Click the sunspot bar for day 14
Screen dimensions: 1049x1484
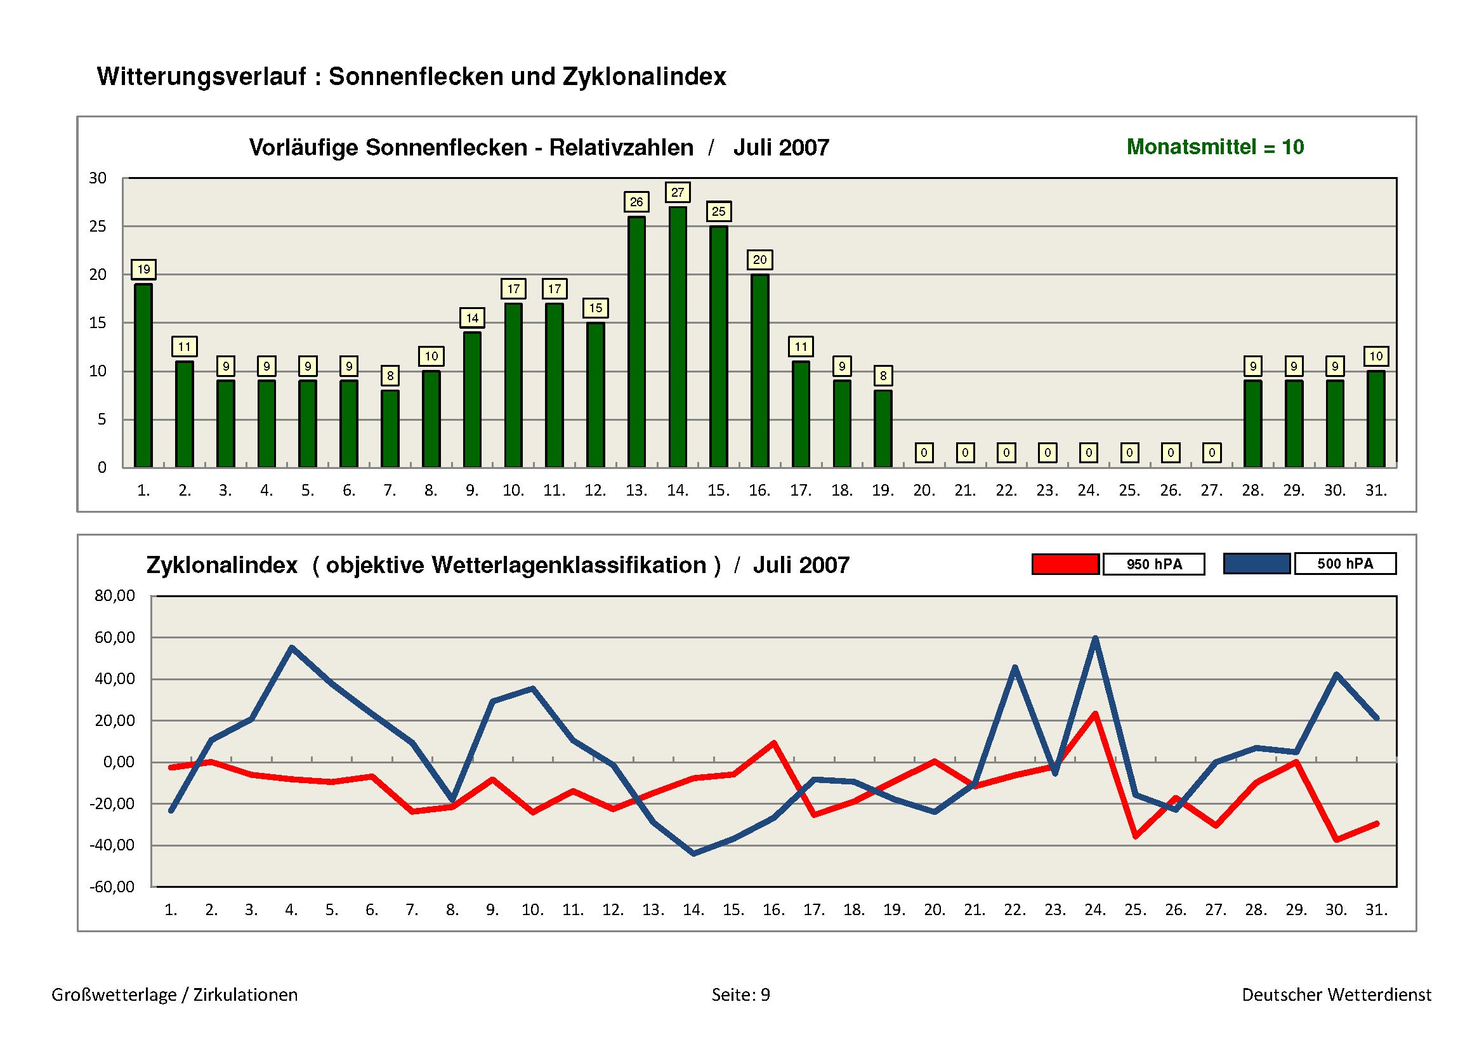point(678,336)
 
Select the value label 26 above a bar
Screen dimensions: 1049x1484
point(636,202)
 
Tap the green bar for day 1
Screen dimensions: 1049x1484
point(143,375)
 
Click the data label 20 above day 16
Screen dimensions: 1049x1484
point(759,260)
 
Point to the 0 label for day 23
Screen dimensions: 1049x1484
point(1047,452)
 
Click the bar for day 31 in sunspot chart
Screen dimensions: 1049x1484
point(1376,419)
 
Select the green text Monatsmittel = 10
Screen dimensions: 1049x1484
point(1214,147)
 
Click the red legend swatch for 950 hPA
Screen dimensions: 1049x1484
point(1065,564)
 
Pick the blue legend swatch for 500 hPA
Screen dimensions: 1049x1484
point(1256,564)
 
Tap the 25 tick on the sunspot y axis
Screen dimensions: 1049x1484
point(98,226)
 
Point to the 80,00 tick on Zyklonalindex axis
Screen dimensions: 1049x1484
point(114,595)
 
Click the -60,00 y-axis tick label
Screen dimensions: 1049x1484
point(112,886)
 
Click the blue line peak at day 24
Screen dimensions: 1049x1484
point(1095,638)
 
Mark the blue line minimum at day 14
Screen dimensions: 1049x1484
point(693,853)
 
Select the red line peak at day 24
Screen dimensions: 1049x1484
point(1095,714)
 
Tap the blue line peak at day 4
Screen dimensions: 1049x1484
point(291,647)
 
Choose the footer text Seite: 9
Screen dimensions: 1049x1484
point(740,994)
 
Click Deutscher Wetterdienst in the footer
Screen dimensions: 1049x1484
point(1336,994)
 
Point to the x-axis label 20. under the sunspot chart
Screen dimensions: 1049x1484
point(924,491)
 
